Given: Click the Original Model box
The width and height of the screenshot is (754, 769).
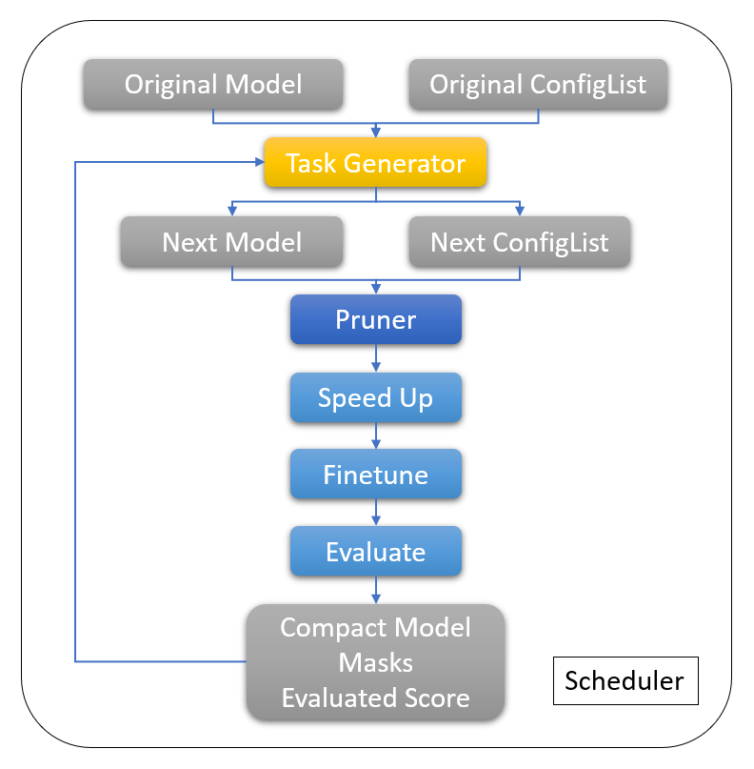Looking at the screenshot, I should point(213,84).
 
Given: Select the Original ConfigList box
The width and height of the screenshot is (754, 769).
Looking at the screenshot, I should point(538,84).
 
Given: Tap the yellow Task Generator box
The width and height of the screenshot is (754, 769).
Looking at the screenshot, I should point(375,163).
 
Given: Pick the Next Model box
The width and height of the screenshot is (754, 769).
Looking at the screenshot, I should point(231,241).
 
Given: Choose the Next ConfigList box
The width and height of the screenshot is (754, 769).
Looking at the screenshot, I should point(519,241).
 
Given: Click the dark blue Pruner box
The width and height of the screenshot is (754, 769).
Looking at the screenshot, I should point(375,319).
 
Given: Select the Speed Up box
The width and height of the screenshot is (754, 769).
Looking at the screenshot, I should point(375,397).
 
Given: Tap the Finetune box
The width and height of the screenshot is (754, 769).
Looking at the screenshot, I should point(375,475).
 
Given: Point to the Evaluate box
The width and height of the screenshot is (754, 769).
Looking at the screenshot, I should point(375,552).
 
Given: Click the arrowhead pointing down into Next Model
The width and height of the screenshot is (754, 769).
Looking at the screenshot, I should point(231,212).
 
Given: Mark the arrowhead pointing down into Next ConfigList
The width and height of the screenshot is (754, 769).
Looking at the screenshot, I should point(519,212).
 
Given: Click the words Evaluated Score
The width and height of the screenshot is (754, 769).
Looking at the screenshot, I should point(375,698).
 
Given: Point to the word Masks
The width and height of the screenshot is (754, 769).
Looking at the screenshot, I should point(375,663).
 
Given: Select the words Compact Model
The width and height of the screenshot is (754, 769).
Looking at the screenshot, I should point(375,629).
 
